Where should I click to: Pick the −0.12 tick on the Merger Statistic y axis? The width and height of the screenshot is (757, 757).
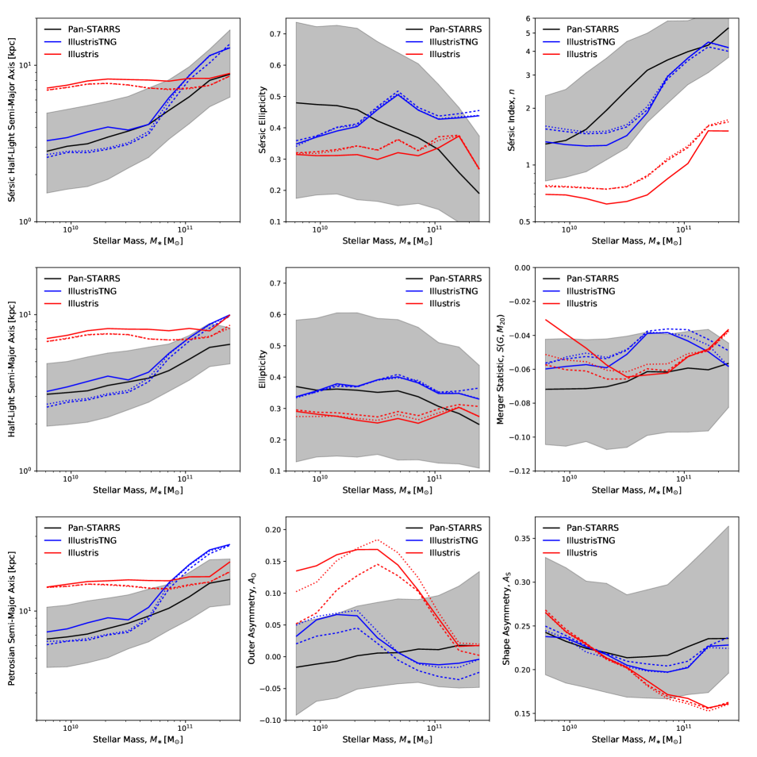(x=528, y=471)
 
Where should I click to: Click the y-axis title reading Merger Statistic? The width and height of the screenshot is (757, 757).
(x=501, y=369)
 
